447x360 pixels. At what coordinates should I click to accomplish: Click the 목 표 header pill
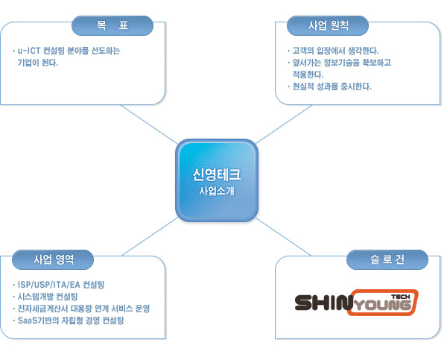(112, 25)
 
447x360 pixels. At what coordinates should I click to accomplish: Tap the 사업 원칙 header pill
(328, 25)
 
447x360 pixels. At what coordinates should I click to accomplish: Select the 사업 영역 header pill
(53, 259)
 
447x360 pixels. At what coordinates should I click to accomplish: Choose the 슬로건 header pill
(387, 259)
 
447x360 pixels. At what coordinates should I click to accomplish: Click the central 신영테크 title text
(217, 174)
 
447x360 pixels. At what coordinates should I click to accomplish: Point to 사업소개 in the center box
(217, 191)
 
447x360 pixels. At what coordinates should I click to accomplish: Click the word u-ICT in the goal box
(29, 51)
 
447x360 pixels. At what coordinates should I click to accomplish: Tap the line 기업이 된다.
(38, 63)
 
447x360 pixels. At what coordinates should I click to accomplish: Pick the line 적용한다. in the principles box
(308, 75)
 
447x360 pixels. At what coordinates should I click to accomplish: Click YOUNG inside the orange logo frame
(383, 306)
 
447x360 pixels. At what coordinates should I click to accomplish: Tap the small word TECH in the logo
(401, 297)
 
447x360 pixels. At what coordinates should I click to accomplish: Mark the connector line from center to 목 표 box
(150, 124)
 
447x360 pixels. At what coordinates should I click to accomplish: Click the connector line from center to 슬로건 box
(283, 236)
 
